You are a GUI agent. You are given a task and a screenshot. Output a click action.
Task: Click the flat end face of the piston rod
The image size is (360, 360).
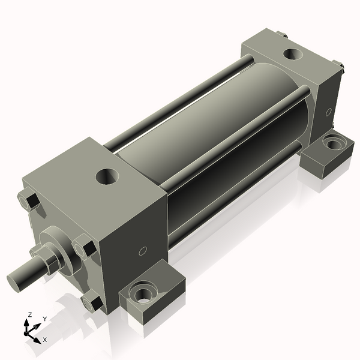click(16, 281)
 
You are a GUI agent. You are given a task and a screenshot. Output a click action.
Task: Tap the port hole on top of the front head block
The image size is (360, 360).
click(107, 176)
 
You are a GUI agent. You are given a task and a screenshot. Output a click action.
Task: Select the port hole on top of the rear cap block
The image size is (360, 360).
click(293, 54)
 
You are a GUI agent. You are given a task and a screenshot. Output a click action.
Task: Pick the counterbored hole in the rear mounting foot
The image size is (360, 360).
click(332, 143)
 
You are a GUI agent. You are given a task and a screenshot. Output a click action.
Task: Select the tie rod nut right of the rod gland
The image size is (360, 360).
click(84, 247)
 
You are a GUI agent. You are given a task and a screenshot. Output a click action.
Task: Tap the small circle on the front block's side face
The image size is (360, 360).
click(143, 251)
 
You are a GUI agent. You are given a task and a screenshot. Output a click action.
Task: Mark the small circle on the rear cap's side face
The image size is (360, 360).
click(328, 112)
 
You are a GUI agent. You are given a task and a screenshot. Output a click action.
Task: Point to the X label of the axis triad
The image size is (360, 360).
click(45, 340)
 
